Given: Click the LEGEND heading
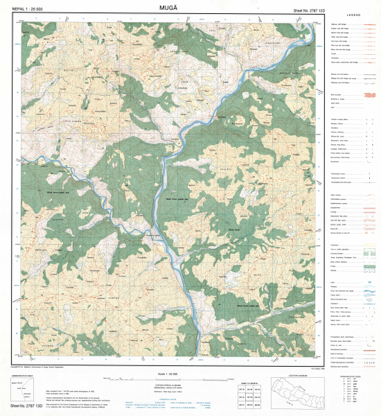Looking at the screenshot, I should coord(354,15).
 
